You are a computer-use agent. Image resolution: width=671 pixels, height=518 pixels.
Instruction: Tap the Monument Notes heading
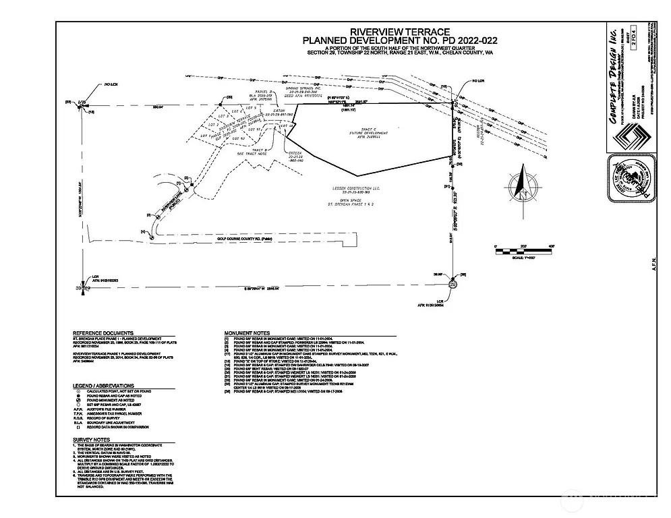[247, 333]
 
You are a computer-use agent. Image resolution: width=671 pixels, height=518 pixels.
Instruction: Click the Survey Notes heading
[92, 439]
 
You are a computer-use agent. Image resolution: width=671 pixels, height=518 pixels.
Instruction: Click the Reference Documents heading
[103, 333]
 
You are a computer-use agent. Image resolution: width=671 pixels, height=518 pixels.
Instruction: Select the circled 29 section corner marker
[453, 285]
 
